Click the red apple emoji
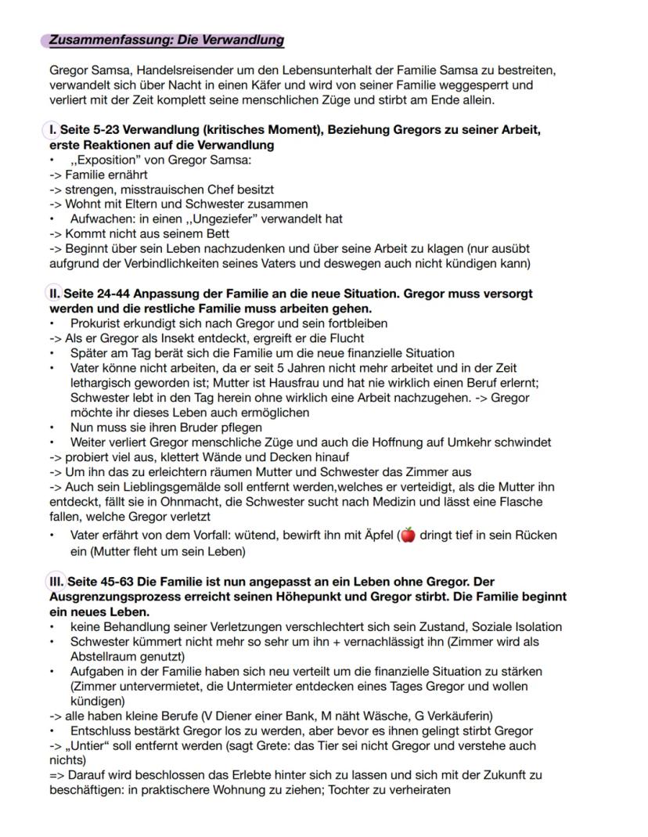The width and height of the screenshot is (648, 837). [407, 536]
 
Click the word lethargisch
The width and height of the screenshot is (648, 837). [99, 383]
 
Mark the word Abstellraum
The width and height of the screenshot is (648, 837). [104, 656]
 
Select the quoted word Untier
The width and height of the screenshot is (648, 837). [88, 745]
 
